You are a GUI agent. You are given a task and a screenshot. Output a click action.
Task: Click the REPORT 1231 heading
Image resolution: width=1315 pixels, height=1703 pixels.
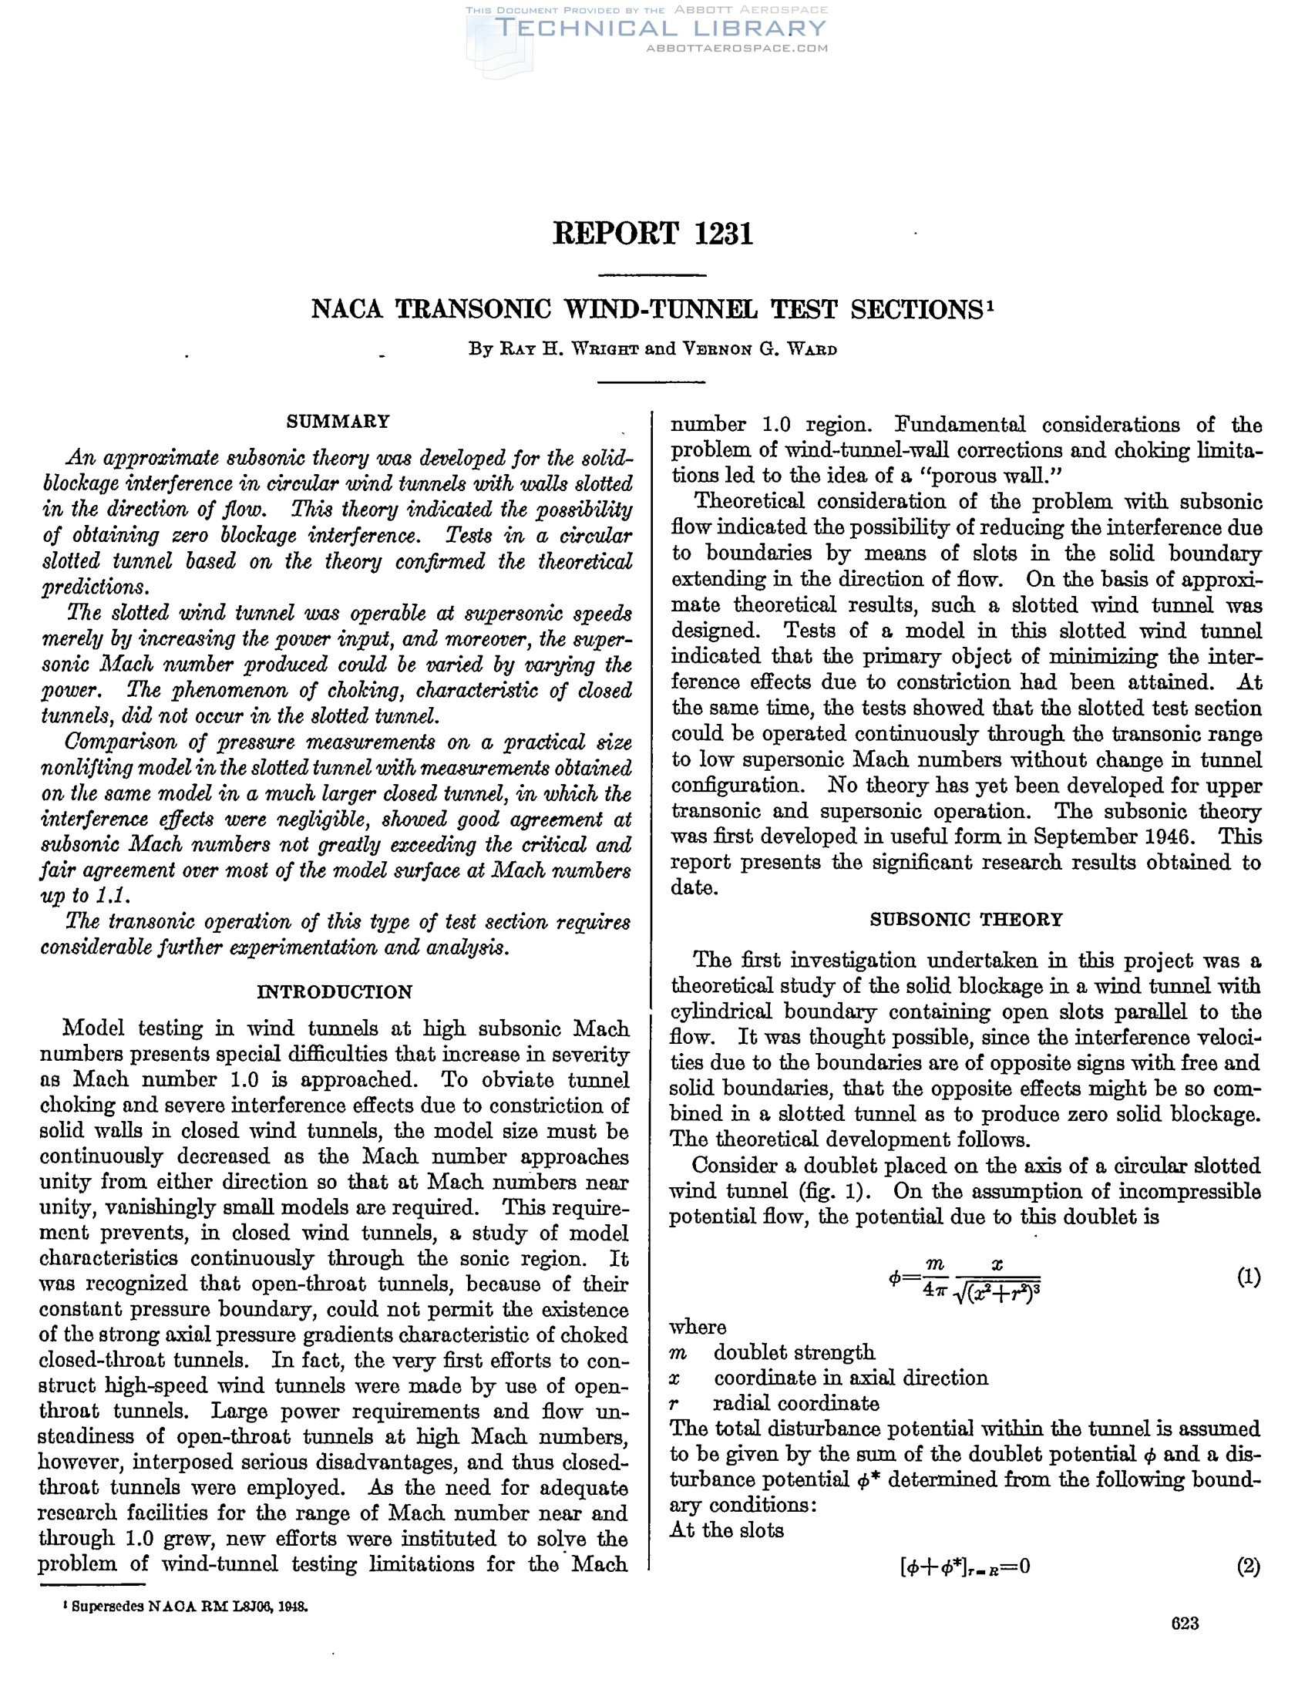(652, 234)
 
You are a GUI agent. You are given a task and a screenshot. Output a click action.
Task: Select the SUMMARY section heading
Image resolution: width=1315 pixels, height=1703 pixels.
(338, 422)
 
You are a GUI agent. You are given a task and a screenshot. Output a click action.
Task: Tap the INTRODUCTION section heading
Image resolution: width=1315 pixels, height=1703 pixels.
(335, 992)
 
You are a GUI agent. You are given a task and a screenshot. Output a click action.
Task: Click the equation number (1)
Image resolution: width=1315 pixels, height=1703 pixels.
(1249, 1277)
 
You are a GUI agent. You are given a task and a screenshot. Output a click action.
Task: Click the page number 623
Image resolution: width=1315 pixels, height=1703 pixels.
(1185, 1624)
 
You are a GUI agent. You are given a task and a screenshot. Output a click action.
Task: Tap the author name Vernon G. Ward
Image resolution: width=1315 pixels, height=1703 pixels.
(760, 349)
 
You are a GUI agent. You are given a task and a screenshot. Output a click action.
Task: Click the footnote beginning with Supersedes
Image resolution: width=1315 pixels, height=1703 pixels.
(187, 1608)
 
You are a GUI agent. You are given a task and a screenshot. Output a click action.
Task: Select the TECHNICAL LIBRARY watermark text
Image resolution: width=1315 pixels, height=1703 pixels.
(660, 29)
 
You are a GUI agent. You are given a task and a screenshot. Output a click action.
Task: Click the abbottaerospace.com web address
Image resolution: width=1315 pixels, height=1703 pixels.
(737, 49)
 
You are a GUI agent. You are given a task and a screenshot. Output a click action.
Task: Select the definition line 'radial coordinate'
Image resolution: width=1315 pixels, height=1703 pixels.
(795, 1404)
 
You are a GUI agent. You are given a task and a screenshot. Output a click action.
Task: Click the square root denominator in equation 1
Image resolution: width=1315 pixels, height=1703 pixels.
(997, 1294)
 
